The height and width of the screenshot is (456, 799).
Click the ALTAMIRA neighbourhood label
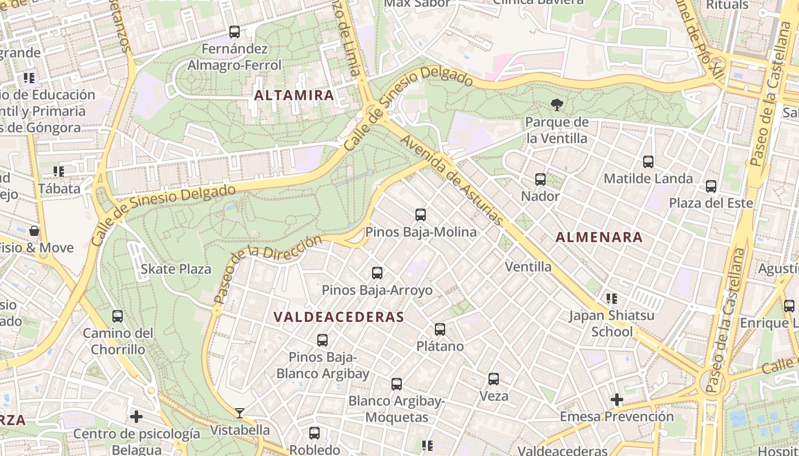pyautogui.click(x=294, y=95)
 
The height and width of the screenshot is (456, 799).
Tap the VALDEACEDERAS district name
pyautogui.click(x=338, y=317)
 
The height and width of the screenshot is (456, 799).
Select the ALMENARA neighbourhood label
pyautogui.click(x=599, y=237)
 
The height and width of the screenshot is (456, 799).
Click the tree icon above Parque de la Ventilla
pyautogui.click(x=556, y=104)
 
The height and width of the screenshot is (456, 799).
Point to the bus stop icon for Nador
pyautogui.click(x=540, y=180)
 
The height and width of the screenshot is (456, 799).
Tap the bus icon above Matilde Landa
pyautogui.click(x=648, y=162)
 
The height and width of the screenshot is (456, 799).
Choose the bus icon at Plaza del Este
pyautogui.click(x=711, y=186)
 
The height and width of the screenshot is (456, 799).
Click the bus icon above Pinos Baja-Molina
pyautogui.click(x=421, y=215)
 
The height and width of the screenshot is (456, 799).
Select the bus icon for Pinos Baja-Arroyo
pyautogui.click(x=377, y=273)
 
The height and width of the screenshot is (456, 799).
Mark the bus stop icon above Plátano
pyautogui.click(x=440, y=329)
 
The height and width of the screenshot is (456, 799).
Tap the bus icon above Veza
pyautogui.click(x=494, y=379)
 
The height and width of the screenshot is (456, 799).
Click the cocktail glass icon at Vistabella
pyautogui.click(x=240, y=413)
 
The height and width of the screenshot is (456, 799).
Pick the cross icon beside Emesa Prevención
pyautogui.click(x=617, y=400)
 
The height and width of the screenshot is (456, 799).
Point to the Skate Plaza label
pyautogui.click(x=176, y=269)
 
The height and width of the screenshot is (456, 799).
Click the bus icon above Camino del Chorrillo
pyautogui.click(x=118, y=316)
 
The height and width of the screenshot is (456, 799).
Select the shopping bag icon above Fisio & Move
pyautogui.click(x=34, y=231)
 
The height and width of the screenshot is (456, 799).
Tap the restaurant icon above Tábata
pyautogui.click(x=59, y=171)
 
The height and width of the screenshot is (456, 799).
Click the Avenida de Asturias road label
pyautogui.click(x=452, y=180)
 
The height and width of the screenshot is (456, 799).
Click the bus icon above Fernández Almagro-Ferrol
pyautogui.click(x=235, y=32)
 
